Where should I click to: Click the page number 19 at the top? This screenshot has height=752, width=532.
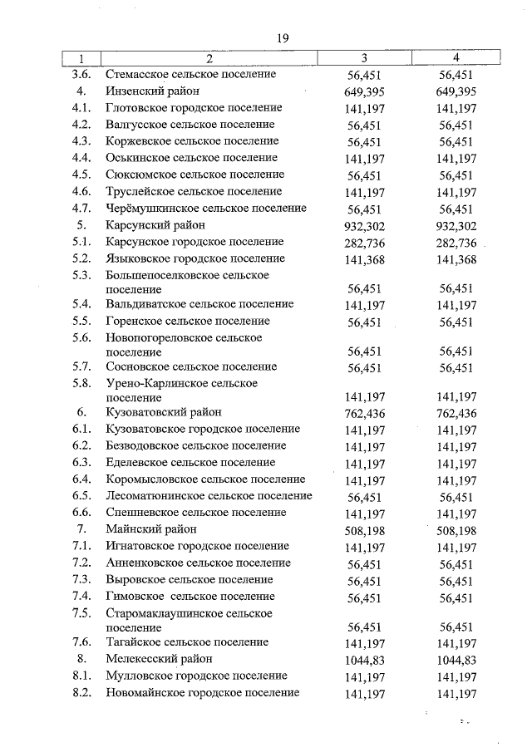click(282, 38)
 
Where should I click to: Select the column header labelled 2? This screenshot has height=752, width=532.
click(209, 58)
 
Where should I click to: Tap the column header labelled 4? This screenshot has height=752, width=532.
click(456, 58)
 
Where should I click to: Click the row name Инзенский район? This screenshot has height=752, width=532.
click(152, 91)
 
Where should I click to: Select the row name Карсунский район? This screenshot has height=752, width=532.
click(155, 225)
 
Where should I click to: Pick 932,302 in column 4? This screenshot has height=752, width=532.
click(456, 226)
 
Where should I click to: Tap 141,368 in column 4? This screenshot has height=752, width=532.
click(456, 259)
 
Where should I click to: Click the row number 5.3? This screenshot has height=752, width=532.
click(81, 275)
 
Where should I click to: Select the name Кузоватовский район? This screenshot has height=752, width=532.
click(165, 412)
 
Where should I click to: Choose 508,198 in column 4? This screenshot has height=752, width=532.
click(456, 530)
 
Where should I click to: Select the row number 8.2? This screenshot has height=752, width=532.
click(81, 693)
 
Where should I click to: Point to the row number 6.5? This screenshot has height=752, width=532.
click(81, 496)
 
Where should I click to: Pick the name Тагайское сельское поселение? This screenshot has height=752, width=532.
click(187, 642)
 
